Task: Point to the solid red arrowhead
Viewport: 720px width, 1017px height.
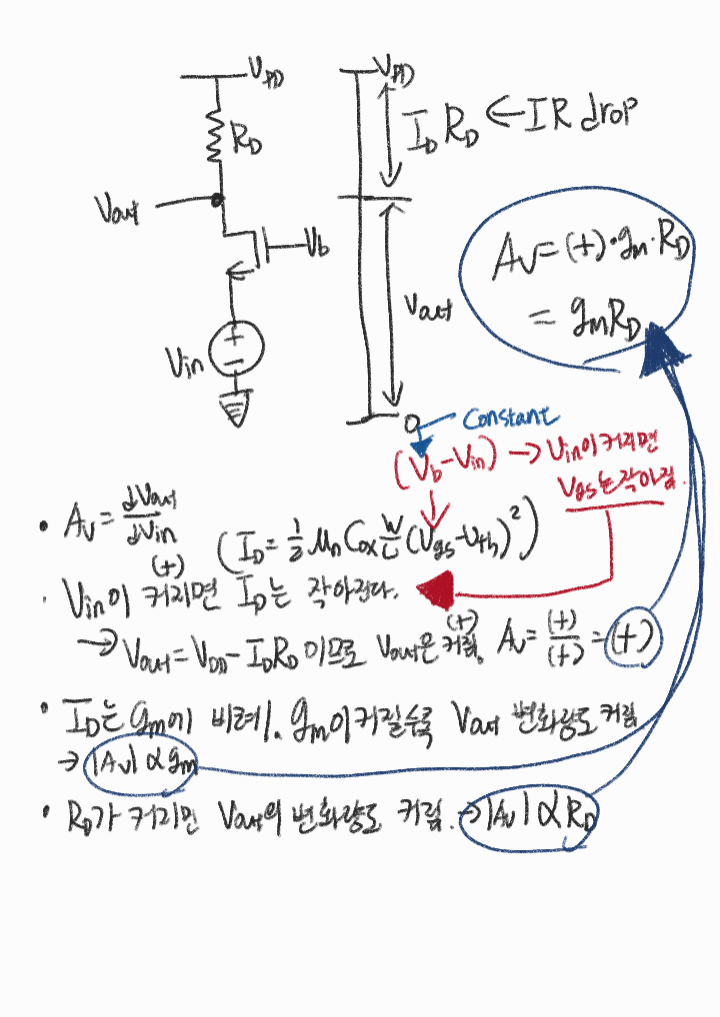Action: [436, 591]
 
